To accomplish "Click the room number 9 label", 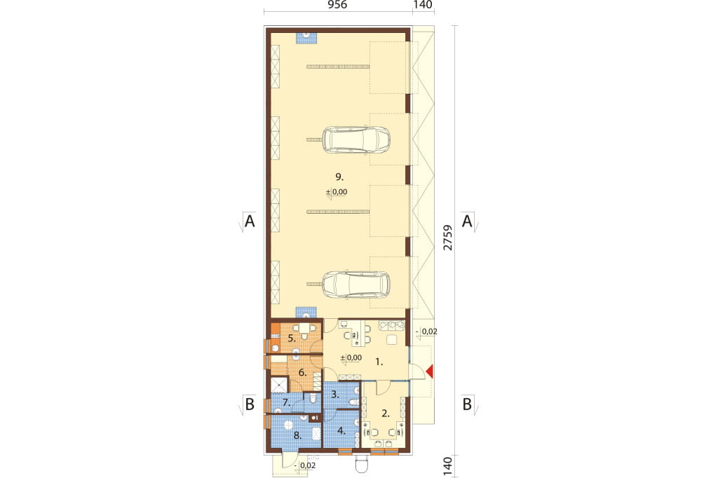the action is tap(339, 177).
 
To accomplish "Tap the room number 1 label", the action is tap(379, 362).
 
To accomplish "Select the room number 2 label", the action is tap(386, 413).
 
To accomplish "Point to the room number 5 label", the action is tap(291, 339).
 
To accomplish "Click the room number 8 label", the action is tap(297, 435).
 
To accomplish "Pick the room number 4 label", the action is tap(341, 430).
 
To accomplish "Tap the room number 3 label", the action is tap(334, 394).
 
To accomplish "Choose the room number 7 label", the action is tap(287, 403).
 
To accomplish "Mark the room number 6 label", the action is tap(302, 372).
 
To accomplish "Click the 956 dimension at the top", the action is tap(338, 5).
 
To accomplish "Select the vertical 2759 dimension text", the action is tap(448, 238).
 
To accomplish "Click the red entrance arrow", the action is tap(429, 372).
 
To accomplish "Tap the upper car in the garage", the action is tap(356, 139).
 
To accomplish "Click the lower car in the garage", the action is tap(356, 285).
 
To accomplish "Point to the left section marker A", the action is tap(249, 221).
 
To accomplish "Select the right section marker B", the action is tap(467, 404).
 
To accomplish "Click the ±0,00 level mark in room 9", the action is tap(337, 192).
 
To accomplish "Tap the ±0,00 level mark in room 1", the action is tap(351, 357).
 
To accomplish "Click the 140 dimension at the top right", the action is tap(423, 5).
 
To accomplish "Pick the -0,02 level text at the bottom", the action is tap(307, 465).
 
